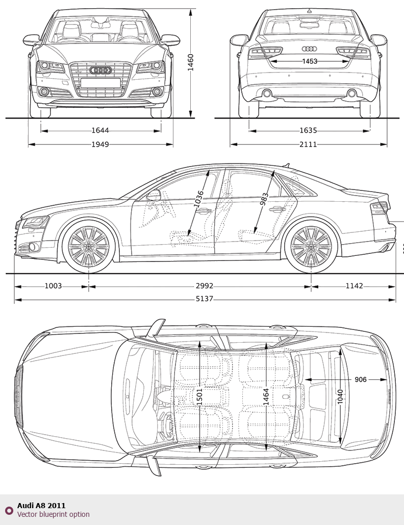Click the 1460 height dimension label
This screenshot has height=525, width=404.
[x=190, y=63]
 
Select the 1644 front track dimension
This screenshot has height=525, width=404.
[x=100, y=131]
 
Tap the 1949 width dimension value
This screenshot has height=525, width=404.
[x=100, y=145]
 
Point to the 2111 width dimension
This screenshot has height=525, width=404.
[x=308, y=145]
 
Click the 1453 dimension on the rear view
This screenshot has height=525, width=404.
[x=309, y=61]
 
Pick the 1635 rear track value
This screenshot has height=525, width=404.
[x=308, y=131]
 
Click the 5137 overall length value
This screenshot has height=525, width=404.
[x=205, y=299]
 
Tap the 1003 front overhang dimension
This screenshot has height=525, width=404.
[x=53, y=286]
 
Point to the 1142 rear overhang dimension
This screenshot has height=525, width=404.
[x=354, y=286]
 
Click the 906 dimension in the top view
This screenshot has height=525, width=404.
[x=361, y=379]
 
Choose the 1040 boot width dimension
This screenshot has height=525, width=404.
[x=340, y=397]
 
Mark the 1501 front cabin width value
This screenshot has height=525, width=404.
[x=199, y=396]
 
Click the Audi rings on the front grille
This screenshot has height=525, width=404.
[x=100, y=70]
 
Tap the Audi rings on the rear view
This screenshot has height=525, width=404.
[x=309, y=49]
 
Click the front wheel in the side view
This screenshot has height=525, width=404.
[x=89, y=246]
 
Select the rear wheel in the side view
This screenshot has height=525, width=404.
[x=311, y=246]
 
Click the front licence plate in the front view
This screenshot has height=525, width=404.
[x=100, y=83]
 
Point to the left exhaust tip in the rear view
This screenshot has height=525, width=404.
[x=266, y=93]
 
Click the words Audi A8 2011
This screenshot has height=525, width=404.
[x=41, y=506]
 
